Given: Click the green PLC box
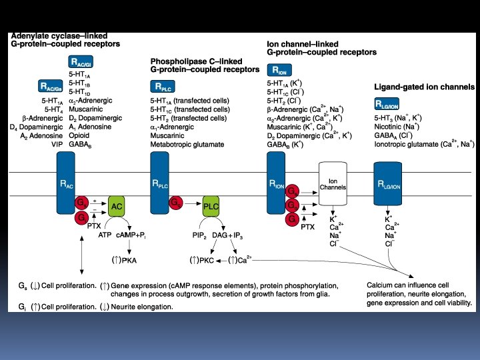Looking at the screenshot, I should (x=211, y=207).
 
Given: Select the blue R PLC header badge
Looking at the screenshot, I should (x=164, y=87).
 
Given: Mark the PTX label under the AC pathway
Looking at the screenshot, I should (x=94, y=227).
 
